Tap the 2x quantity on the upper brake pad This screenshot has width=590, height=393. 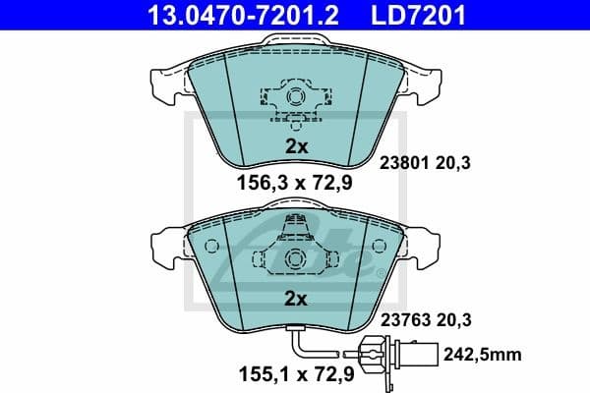pyautogui.click(x=296, y=145)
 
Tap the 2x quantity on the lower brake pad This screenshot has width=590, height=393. pyautogui.click(x=296, y=297)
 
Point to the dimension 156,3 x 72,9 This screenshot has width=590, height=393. pyautogui.click(x=296, y=182)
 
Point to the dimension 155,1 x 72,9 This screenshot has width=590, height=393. pyautogui.click(x=296, y=374)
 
